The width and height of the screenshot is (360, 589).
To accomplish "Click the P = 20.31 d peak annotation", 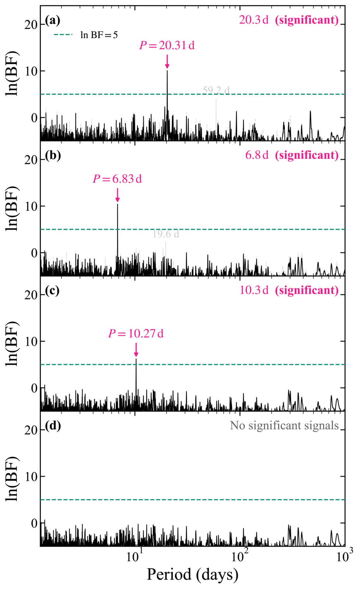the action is (x=167, y=45).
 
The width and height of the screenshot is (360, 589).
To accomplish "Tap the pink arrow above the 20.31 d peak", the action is (x=167, y=62).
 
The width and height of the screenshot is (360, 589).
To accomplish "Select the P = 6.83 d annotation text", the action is (x=117, y=179).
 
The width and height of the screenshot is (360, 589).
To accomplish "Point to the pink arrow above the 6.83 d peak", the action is (x=118, y=195).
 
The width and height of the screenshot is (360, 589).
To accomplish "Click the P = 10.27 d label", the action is (x=136, y=334).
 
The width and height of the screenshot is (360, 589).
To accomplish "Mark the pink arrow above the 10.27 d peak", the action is (x=136, y=350).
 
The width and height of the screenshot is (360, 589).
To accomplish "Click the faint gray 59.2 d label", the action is (x=216, y=90).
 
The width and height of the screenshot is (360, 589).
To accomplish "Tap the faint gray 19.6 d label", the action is (x=166, y=234).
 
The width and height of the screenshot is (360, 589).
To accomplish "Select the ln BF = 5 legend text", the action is (x=99, y=35).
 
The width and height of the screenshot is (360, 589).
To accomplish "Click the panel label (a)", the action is (x=53, y=21).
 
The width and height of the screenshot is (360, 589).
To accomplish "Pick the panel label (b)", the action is (x=53, y=156).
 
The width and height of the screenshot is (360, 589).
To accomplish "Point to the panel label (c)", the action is (x=52, y=291).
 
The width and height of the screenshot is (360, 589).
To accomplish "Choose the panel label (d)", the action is (x=53, y=426).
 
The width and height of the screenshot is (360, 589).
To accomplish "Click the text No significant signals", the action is (x=284, y=426).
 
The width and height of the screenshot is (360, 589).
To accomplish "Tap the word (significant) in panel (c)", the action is (x=307, y=291).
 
